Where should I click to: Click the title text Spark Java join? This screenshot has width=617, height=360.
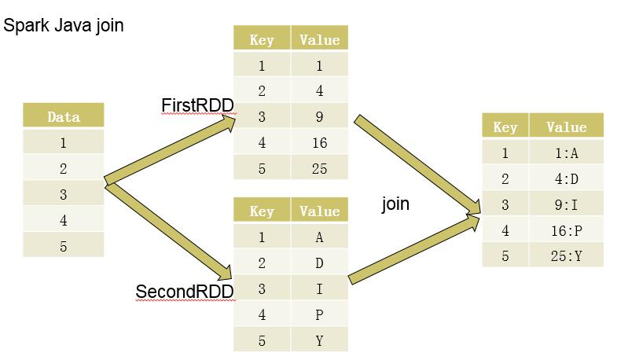click(x=64, y=25)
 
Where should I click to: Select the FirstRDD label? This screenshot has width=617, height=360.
click(x=197, y=105)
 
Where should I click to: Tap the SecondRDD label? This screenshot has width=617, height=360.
click(x=185, y=292)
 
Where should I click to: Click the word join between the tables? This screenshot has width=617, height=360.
click(x=395, y=204)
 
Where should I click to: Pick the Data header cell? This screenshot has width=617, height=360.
click(x=64, y=117)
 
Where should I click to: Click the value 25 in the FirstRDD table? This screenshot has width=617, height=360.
click(x=319, y=168)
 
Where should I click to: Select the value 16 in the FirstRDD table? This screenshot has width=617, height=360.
click(x=319, y=143)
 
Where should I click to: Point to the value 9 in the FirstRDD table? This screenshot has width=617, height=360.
click(x=319, y=117)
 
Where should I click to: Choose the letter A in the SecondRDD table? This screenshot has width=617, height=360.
click(x=319, y=237)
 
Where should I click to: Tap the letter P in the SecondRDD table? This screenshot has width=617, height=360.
click(x=319, y=315)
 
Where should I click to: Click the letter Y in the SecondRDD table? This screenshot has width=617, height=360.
click(x=319, y=341)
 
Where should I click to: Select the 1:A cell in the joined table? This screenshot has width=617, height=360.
click(x=566, y=153)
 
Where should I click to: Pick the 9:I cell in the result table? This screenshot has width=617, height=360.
click(x=566, y=205)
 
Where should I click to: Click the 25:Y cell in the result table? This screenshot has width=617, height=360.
click(x=566, y=256)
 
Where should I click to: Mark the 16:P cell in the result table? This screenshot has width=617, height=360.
click(x=566, y=231)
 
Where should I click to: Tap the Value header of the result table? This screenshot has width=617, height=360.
click(x=566, y=127)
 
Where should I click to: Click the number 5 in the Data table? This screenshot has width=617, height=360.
click(x=64, y=247)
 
